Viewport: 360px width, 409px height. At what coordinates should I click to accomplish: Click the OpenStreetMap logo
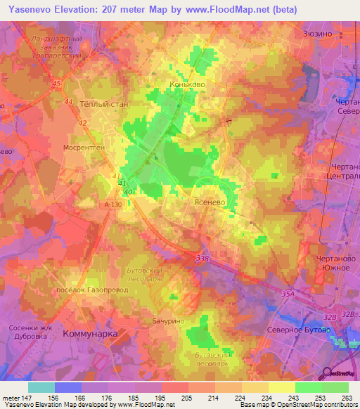(337, 372)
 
